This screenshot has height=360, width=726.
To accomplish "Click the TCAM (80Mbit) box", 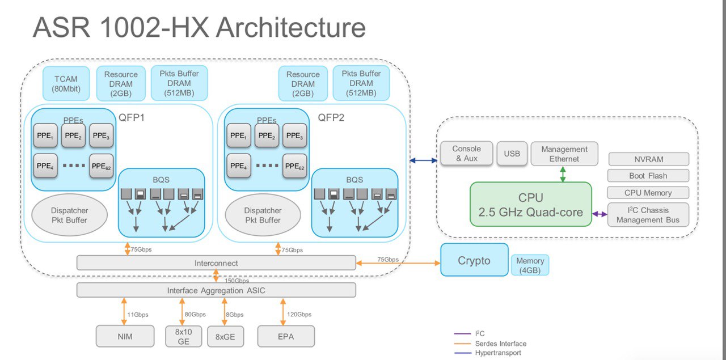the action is (x=66, y=83).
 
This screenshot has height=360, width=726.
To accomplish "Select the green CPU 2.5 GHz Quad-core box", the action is (x=530, y=204).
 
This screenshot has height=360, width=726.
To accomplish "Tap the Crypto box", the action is (x=474, y=260).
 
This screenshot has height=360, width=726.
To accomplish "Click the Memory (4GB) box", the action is (x=530, y=265).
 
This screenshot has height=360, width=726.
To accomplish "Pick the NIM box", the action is (x=125, y=336).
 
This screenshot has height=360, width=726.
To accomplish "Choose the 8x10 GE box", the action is (x=183, y=336).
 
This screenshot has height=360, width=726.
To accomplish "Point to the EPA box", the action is (x=286, y=336).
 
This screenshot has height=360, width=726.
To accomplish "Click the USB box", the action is (x=512, y=154).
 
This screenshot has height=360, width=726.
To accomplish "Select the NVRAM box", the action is (x=648, y=159).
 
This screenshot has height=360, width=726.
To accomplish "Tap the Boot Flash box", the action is (x=648, y=176).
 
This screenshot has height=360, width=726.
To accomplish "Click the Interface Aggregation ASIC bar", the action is (x=216, y=290).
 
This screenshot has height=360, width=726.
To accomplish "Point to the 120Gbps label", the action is (x=299, y=314).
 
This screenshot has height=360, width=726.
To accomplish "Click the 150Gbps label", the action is (x=237, y=281).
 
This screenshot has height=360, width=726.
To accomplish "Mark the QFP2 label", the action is (x=331, y=117).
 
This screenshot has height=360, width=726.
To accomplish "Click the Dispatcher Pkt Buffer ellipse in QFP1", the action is (x=69, y=215).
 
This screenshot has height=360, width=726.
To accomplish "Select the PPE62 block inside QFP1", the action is (x=102, y=166).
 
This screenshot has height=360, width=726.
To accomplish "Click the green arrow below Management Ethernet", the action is (x=563, y=174).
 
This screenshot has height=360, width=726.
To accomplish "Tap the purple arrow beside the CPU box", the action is (x=600, y=214).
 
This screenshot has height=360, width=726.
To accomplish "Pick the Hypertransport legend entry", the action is (x=487, y=353).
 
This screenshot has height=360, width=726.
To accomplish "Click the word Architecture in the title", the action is (x=291, y=27).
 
